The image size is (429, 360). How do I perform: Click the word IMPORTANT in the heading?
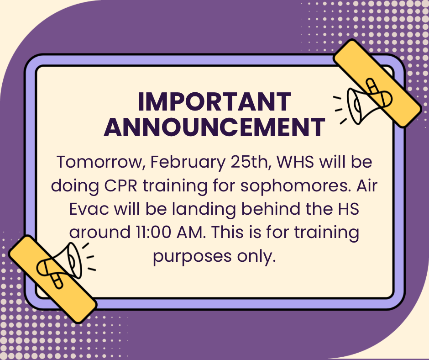pos(214,101)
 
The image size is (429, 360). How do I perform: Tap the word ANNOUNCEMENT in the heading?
pos(214,127)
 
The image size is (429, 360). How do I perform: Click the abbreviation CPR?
pos(120,185)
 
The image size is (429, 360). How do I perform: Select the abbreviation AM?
pos(191,233)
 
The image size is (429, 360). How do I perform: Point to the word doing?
pos(75,186)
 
